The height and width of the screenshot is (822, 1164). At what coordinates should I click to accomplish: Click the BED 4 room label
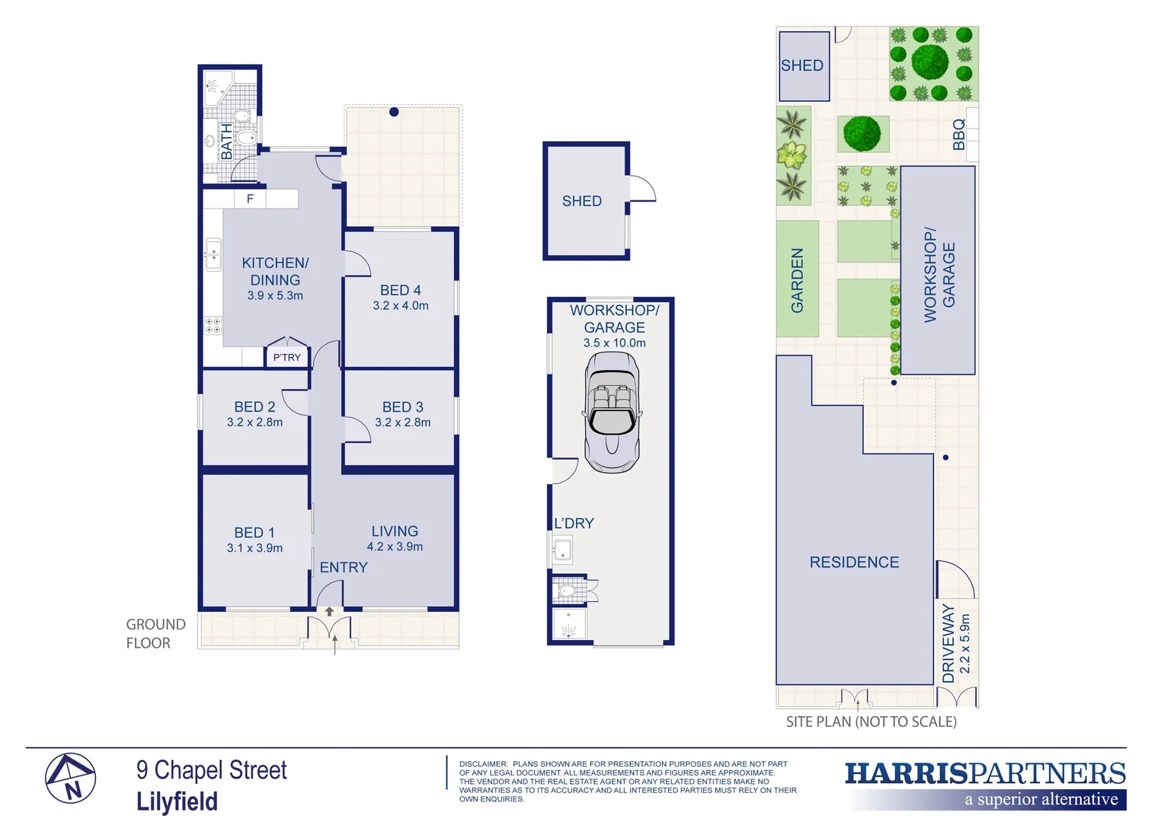(400, 290)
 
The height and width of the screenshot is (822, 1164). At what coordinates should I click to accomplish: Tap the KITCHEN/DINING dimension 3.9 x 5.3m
(275, 296)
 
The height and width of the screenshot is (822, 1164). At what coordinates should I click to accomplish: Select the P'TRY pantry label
(287, 357)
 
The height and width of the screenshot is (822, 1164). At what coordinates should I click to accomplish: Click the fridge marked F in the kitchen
(250, 199)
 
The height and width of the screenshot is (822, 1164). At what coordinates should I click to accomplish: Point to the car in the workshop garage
(612, 412)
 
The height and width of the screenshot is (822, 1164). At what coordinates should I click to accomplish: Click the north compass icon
(70, 779)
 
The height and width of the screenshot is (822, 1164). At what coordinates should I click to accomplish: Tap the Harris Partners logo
(985, 785)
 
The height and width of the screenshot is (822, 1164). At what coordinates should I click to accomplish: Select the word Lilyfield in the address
(177, 801)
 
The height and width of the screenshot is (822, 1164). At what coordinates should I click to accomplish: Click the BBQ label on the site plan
(959, 135)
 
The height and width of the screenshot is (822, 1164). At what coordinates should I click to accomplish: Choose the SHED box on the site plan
(803, 66)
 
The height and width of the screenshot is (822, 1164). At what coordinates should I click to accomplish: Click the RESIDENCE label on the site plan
(854, 562)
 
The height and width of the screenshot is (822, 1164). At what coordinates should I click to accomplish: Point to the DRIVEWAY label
(948, 643)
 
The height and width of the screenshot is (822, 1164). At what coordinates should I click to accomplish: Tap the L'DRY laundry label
(574, 524)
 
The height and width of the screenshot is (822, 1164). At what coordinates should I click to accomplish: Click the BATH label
(226, 142)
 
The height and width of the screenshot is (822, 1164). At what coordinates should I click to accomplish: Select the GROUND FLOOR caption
(155, 633)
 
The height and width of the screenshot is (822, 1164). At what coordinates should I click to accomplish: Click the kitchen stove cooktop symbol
(213, 326)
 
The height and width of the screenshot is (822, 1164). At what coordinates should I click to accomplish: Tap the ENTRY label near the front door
(344, 568)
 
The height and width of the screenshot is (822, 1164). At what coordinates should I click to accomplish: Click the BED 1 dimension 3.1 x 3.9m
(254, 548)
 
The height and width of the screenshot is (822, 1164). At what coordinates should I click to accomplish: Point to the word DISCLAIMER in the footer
(483, 764)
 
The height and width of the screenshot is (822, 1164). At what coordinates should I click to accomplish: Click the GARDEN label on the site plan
(798, 280)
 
